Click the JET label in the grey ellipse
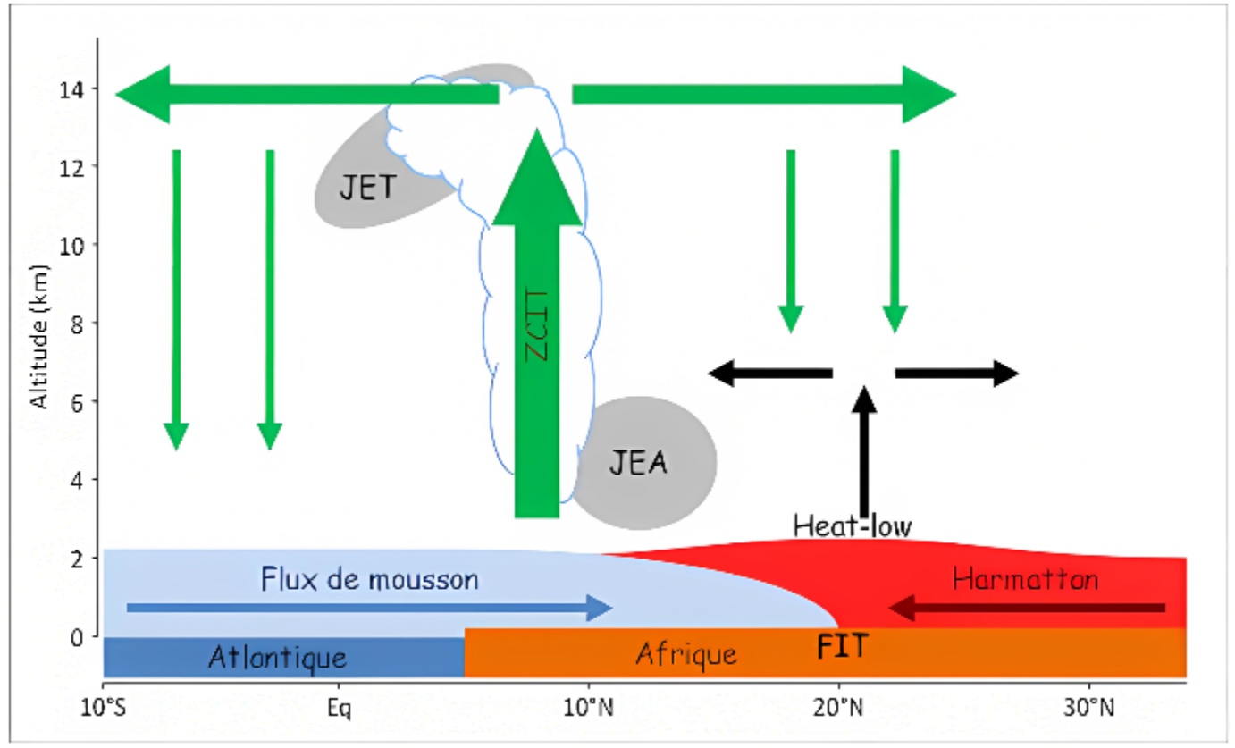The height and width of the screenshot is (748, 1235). pos(367,188)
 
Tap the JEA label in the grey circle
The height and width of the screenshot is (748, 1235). pos(638,462)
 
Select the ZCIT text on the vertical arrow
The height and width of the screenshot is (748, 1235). pos(536,326)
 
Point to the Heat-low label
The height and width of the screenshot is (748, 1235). pos(852,525)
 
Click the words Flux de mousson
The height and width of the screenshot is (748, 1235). pos(369,579)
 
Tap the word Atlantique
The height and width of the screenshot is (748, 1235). pos(277,657)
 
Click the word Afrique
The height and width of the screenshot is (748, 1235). pos(686,655)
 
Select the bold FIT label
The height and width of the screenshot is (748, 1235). pos(843,646)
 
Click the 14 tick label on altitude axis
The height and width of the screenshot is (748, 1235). pos(72,90)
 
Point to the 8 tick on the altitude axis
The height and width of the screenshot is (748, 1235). pos(77,324)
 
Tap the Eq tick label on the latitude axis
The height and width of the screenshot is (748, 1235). pos(339,708)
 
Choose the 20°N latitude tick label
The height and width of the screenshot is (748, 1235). pos(838,707)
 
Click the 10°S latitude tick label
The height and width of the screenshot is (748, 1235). pos(103,707)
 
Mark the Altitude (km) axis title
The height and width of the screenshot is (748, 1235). pos(39,337)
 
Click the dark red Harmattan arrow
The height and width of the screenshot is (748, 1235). pos(1027,608)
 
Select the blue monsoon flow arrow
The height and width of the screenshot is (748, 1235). pos(370,608)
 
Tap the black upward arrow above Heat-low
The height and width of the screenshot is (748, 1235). pos(864,452)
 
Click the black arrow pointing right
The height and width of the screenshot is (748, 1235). pos(957,374)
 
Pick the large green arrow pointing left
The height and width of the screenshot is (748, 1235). pos(307,94)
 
